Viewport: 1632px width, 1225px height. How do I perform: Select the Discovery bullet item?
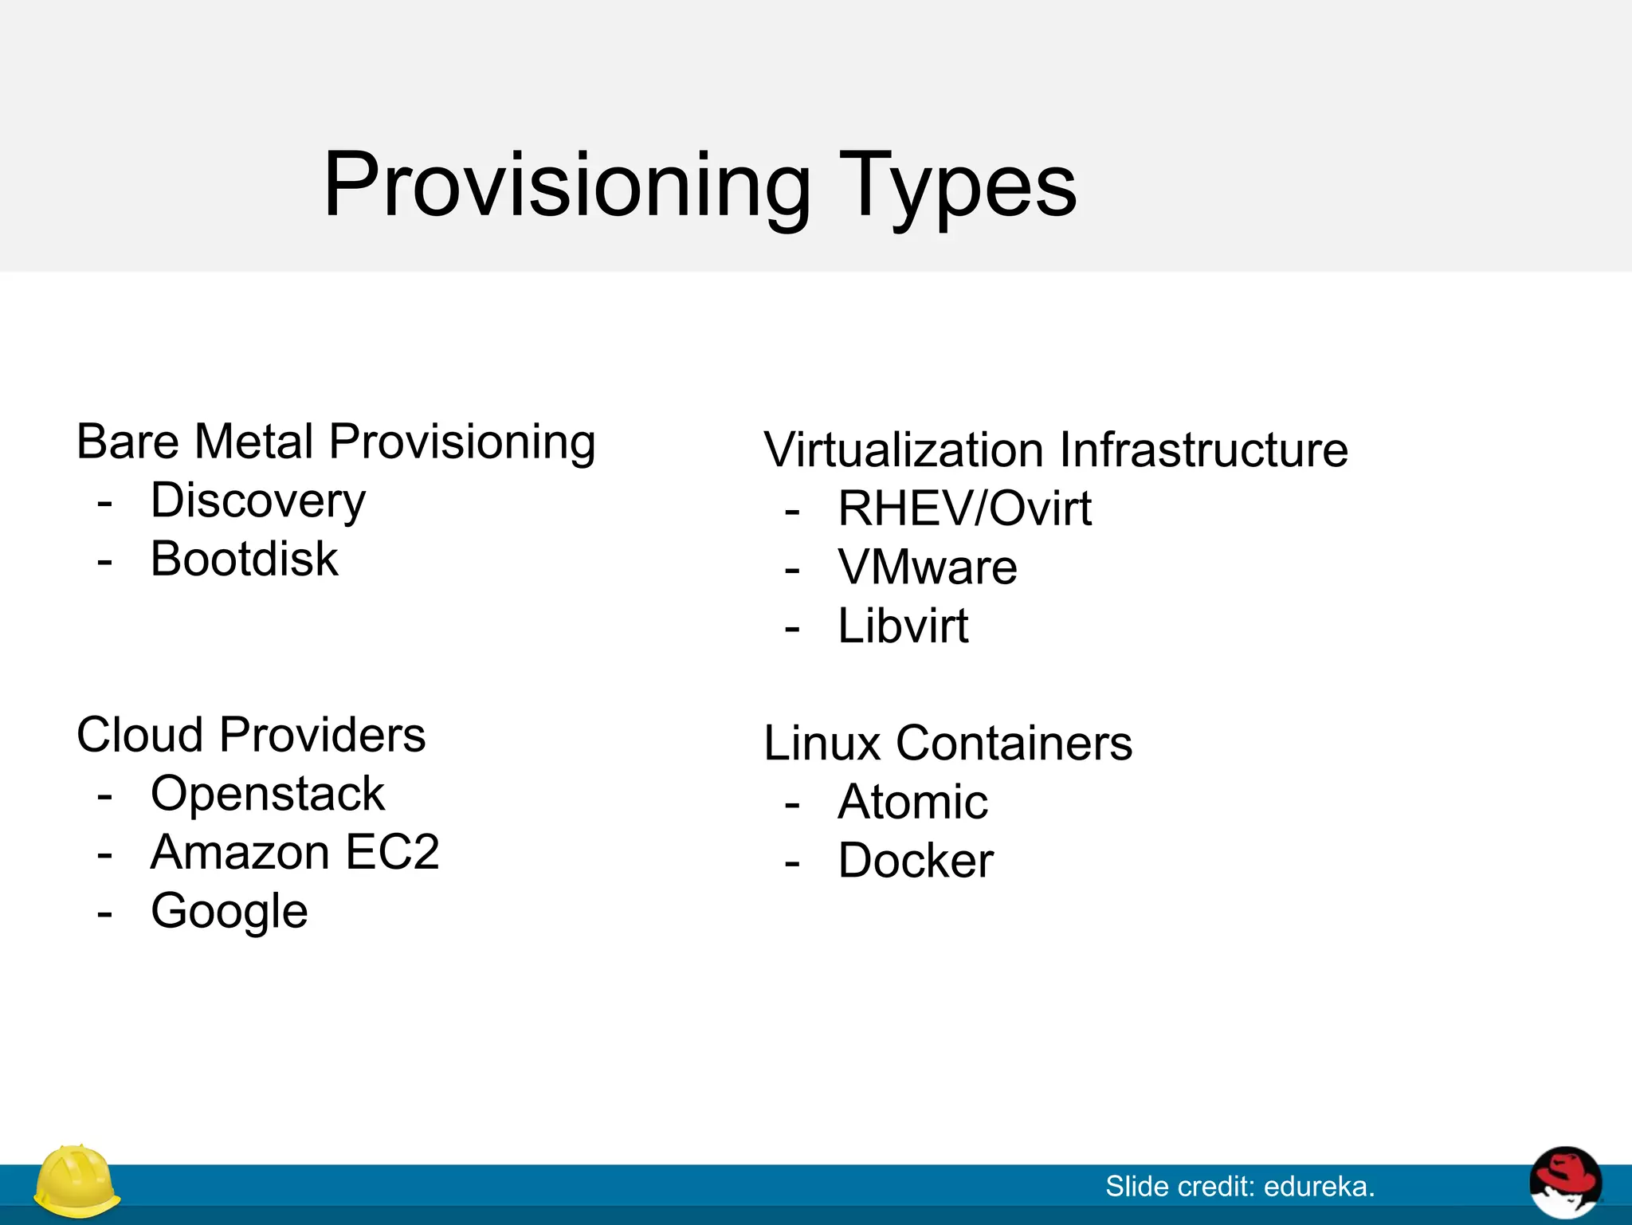click(x=258, y=501)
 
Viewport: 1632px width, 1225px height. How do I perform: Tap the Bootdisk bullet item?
click(x=244, y=559)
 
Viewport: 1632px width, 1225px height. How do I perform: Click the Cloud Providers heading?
click(x=251, y=734)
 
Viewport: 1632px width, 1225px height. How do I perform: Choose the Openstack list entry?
click(x=268, y=794)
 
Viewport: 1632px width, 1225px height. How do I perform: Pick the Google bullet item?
click(x=229, y=911)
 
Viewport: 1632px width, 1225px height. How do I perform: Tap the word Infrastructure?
click(x=1203, y=450)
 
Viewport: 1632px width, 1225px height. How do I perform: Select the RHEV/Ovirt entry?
click(x=964, y=508)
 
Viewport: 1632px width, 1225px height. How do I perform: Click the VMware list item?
click(x=928, y=567)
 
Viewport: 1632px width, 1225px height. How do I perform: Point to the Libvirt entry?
click(x=903, y=626)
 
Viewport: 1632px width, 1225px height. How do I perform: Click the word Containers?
click(x=1014, y=743)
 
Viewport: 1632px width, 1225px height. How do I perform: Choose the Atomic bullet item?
click(x=913, y=802)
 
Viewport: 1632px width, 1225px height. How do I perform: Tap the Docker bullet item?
click(x=916, y=861)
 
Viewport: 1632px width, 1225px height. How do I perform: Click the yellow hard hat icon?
click(x=76, y=1181)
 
